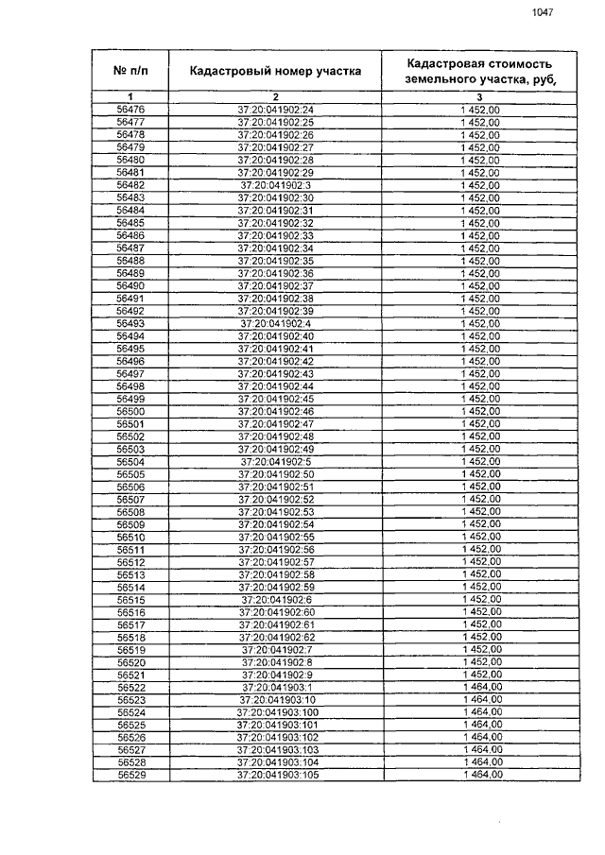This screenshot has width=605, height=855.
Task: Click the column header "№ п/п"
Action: click(130, 70)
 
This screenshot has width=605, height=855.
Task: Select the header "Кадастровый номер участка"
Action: click(275, 70)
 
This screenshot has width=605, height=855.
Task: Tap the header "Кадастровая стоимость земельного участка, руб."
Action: click(479, 70)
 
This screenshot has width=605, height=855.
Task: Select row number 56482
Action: click(130, 185)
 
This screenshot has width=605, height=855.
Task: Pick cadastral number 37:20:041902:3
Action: click(275, 185)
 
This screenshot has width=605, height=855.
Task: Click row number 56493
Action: click(130, 323)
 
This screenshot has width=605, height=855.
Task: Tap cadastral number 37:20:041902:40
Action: click(275, 335)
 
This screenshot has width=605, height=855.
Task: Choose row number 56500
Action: click(130, 411)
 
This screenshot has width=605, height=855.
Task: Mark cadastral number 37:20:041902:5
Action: click(275, 461)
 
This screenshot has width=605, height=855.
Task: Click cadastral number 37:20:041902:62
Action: click(275, 637)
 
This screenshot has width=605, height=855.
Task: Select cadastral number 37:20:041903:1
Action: click(275, 687)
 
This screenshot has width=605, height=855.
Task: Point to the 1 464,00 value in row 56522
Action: click(479, 687)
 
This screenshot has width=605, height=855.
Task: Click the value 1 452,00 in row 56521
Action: click(479, 675)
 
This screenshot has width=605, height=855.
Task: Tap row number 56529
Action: click(130, 775)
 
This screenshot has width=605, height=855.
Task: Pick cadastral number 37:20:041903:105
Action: click(275, 775)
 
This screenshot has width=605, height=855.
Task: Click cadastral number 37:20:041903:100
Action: click(275, 712)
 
